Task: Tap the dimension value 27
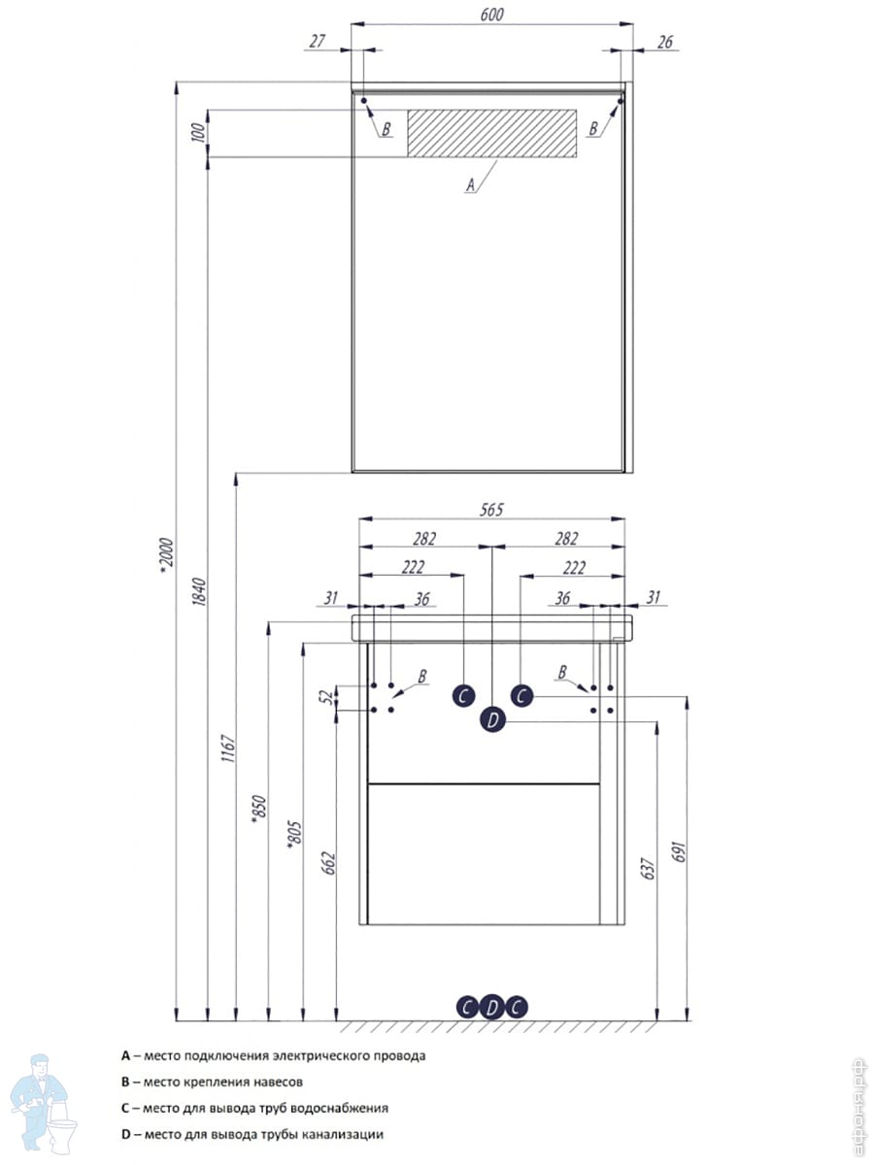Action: (317, 41)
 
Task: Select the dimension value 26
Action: (664, 42)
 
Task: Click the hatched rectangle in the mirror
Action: (491, 133)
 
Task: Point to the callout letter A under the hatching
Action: (471, 183)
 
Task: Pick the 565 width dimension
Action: (491, 511)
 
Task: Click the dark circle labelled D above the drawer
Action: (492, 720)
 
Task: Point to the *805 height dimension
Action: (292, 831)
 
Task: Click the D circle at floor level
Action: (492, 1007)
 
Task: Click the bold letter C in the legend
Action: (125, 1107)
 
